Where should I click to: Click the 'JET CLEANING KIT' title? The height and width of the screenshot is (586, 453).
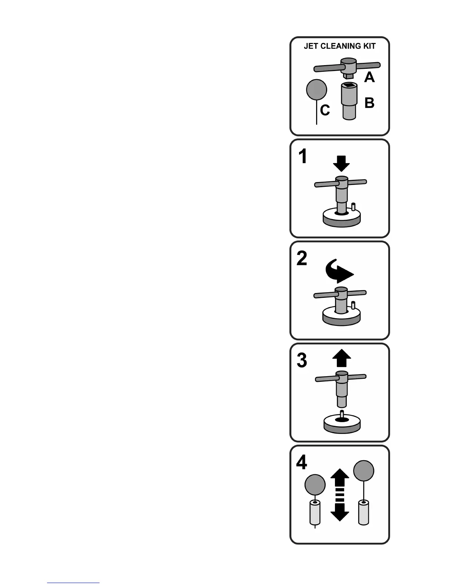pos(339,46)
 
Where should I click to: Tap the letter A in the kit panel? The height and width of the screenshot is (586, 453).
pos(369,77)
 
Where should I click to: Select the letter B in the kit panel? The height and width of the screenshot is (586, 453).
pos(369,103)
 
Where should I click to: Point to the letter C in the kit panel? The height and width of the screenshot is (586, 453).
pos(325,110)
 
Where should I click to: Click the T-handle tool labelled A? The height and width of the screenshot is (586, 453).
pos(347,67)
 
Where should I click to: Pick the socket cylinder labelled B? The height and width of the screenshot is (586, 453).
pos(349,101)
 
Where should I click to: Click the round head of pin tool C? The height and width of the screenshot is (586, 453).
pos(317,90)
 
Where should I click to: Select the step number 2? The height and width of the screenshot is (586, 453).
pos(302,259)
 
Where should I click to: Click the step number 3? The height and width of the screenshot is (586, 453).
pos(302,361)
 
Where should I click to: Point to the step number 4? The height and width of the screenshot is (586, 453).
pos(302,463)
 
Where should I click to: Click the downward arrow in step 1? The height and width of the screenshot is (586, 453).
pos(341,163)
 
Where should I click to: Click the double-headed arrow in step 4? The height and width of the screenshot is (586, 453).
pos(339,495)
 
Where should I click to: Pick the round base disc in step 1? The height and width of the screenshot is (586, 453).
pos(342,218)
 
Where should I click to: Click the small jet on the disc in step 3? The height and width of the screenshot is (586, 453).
pos(342,415)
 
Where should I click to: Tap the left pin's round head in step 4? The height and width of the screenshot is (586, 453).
pos(315,485)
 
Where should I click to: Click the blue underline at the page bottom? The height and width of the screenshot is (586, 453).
pos(73,583)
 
